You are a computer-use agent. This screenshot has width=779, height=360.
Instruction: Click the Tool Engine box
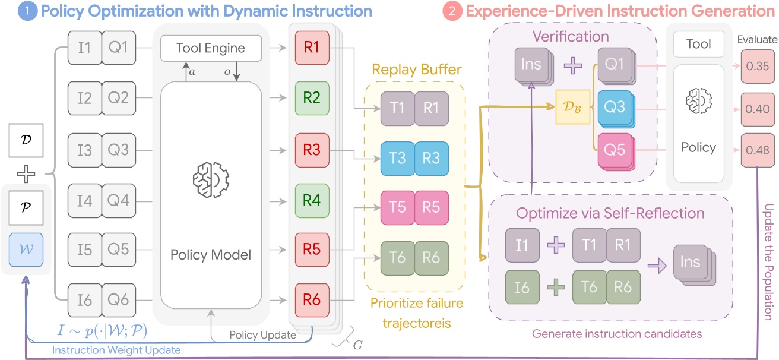[x=211, y=48]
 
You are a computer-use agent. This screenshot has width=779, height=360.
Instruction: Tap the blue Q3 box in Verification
[x=613, y=108]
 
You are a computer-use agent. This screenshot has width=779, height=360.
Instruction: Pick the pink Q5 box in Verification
[x=613, y=149]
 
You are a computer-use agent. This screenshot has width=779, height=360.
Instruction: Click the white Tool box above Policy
[x=698, y=45]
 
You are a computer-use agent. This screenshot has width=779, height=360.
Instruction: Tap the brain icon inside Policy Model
[x=211, y=177]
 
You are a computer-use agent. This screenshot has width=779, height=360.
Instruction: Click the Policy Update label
[x=262, y=335]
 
